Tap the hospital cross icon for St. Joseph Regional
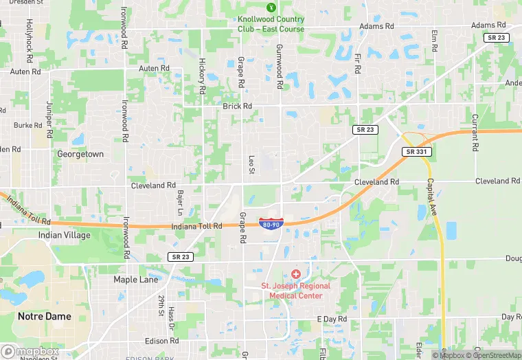[x=295, y=274]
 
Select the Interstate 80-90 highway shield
[x=270, y=224]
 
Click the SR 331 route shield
[x=417, y=151]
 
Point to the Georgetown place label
[x=80, y=154]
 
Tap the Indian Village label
[x=64, y=235]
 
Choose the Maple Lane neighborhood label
[x=136, y=280]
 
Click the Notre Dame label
[x=44, y=316]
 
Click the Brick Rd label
[x=238, y=106]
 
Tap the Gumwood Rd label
[x=280, y=67]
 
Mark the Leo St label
[x=251, y=165]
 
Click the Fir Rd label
[x=358, y=66]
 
